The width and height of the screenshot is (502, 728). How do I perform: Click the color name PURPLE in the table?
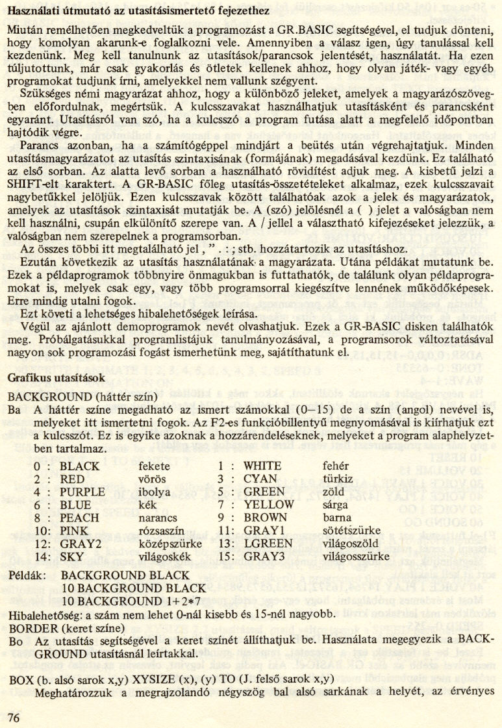[x=82, y=492]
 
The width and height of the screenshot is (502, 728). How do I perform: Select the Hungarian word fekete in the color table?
[x=155, y=466]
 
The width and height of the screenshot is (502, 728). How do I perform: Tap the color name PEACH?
[x=79, y=518]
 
